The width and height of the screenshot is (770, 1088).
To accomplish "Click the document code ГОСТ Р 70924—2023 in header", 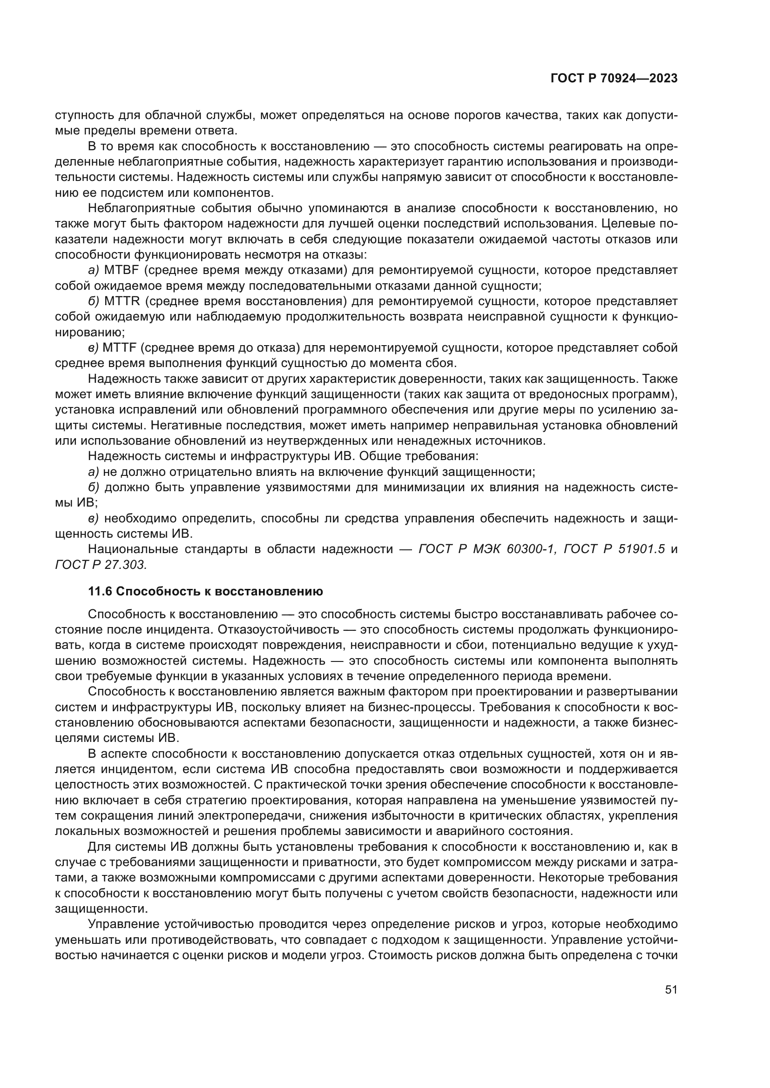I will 614,79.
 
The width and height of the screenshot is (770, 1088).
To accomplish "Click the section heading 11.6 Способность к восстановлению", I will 205,591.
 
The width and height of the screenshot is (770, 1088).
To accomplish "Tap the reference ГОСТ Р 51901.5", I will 615,549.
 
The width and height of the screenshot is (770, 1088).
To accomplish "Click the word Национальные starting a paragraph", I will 133,549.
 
